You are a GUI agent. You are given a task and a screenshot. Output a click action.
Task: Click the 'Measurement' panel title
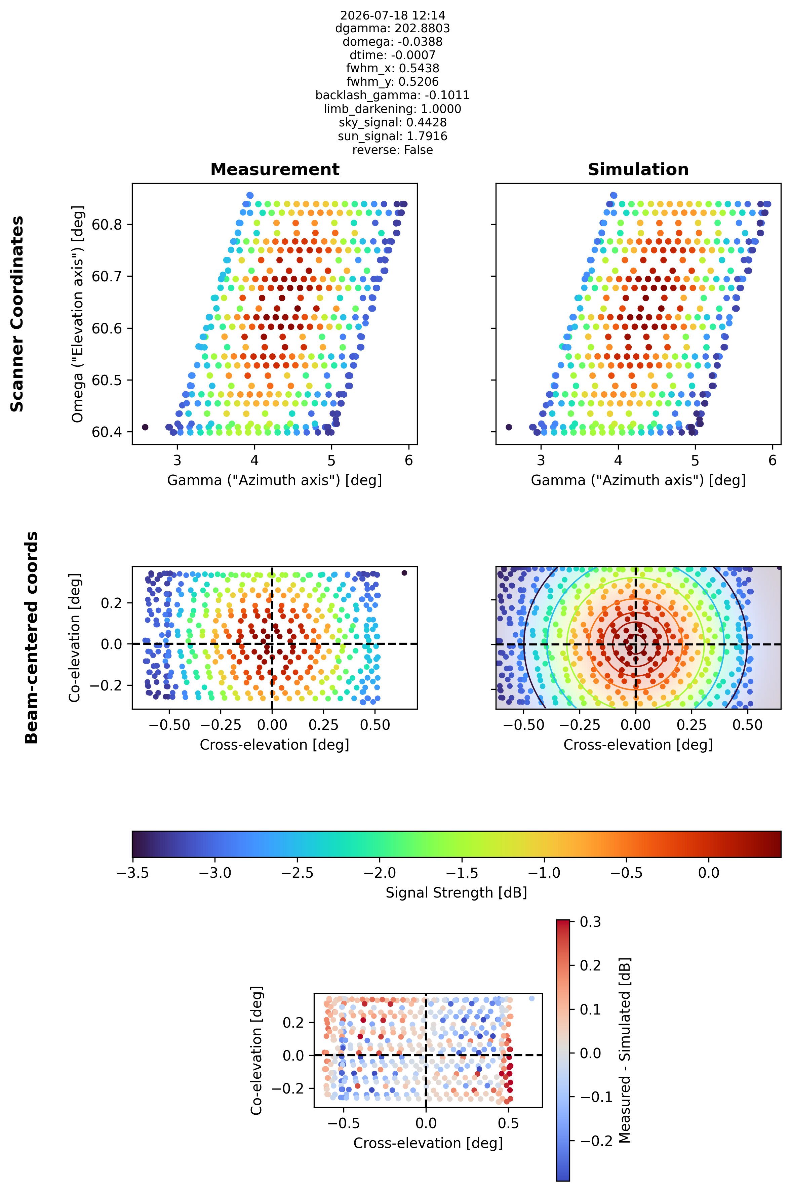pyautogui.click(x=275, y=169)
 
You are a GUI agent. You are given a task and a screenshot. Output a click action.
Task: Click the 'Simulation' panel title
pyautogui.click(x=638, y=169)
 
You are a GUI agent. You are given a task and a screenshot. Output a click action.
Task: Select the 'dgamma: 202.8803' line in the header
pyautogui.click(x=392, y=28)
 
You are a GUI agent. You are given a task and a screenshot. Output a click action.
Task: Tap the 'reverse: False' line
pyautogui.click(x=392, y=150)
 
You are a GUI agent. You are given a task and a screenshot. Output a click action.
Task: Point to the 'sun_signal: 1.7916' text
pyautogui.click(x=392, y=136)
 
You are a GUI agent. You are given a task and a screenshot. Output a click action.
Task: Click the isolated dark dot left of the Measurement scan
pyautogui.click(x=145, y=427)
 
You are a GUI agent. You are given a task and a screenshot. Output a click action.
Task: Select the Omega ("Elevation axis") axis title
pyautogui.click(x=77, y=314)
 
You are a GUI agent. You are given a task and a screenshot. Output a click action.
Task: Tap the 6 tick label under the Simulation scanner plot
pyautogui.click(x=772, y=461)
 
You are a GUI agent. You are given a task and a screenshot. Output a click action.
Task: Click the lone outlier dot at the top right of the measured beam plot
pyautogui.click(x=404, y=572)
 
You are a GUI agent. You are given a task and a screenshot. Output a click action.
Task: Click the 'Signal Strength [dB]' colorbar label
pyautogui.click(x=457, y=893)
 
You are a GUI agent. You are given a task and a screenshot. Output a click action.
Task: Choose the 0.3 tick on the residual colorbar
pyautogui.click(x=590, y=922)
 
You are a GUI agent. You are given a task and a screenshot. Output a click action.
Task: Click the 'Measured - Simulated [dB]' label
pyautogui.click(x=625, y=1050)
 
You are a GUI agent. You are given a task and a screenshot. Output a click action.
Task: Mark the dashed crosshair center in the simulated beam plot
pyautogui.click(x=636, y=644)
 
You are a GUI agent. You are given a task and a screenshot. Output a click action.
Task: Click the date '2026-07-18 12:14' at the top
pyautogui.click(x=392, y=15)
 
